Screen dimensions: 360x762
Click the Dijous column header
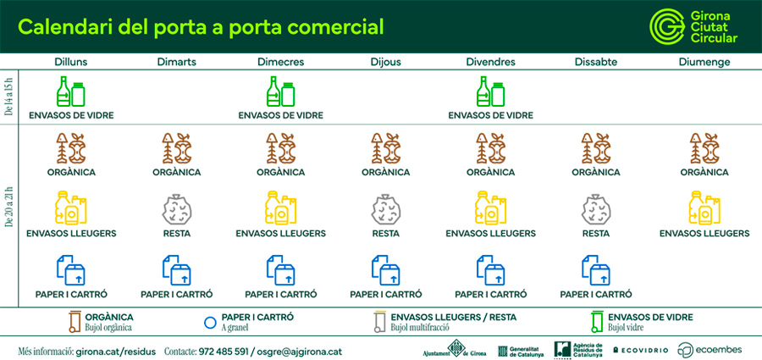pos(386,62)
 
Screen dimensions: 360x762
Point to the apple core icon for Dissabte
pos(596,148)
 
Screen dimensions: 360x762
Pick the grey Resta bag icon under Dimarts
pos(176,208)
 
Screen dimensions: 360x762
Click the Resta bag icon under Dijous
pos(386,208)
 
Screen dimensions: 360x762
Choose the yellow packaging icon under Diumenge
pos(704,208)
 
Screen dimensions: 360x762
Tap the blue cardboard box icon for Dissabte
pos(596,269)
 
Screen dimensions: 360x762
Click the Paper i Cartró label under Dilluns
pos(71,295)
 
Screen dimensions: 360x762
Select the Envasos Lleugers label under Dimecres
pos(280,233)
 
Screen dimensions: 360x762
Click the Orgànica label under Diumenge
pos(704,172)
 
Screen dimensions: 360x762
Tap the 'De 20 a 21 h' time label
pos(8,208)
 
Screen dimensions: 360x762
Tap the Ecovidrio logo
pos(640,350)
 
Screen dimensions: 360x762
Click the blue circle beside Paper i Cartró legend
pos(210,321)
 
